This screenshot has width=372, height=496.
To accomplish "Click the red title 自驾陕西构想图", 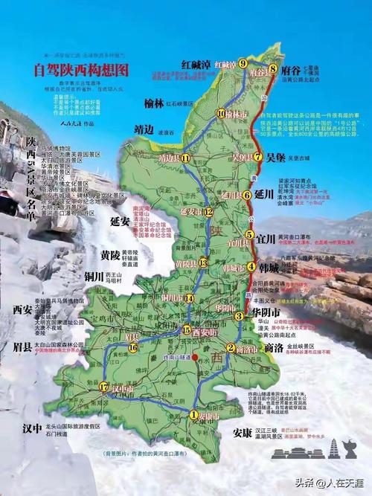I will pos(82,71).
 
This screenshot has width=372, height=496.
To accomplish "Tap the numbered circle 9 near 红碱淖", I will pos(243,64).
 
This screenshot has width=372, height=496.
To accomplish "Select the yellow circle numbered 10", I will pos(220,113).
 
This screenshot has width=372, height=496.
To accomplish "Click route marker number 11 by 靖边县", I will pos(185,158).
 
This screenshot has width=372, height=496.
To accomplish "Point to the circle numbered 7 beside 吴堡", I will pos(258,157).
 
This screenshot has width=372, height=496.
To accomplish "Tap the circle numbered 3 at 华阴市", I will pos(239,316).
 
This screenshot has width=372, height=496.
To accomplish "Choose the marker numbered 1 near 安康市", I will pos(193,415).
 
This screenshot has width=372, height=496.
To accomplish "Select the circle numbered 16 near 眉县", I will pos(132,347).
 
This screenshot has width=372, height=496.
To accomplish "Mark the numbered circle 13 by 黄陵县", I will pos(202,262).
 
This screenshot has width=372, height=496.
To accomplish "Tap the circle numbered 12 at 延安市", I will pos(209,212).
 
